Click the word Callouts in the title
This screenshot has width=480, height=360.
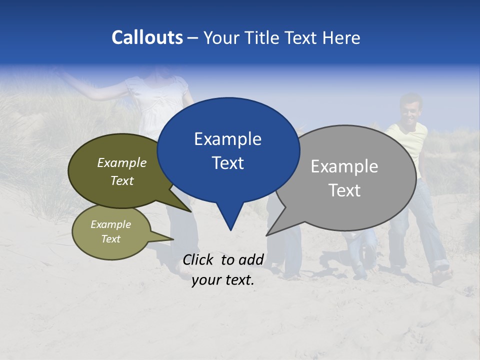point(147,37)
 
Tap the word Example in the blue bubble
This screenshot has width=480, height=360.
point(227,139)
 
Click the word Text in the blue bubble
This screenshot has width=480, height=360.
point(227,163)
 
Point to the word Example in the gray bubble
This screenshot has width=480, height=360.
point(344,166)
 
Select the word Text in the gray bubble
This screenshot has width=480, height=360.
point(344,190)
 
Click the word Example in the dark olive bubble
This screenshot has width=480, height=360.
point(122,162)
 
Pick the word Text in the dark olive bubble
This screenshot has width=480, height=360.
point(122,180)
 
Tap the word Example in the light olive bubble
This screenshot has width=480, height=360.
point(110,224)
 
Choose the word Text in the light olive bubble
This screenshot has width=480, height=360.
point(110,239)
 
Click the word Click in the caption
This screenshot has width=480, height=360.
point(199,259)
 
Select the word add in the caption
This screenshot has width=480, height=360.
point(251,259)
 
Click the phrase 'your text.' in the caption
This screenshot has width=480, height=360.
point(222,280)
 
